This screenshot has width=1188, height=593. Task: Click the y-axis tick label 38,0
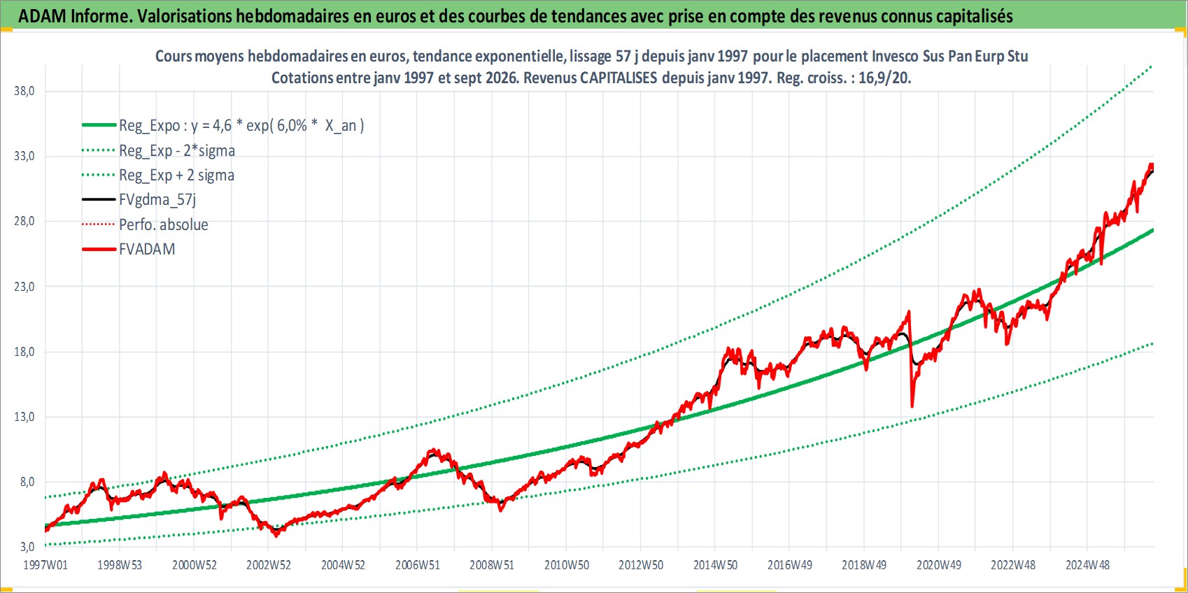(x=24, y=91)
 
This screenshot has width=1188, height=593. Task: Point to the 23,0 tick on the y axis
(x=24, y=287)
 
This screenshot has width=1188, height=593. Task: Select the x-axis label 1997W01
(x=45, y=565)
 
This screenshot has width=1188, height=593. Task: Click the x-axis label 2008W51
(x=492, y=565)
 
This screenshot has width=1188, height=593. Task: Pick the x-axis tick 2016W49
(x=790, y=565)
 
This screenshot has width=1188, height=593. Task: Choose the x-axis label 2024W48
(x=1087, y=565)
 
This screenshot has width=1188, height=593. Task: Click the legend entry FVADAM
(x=147, y=249)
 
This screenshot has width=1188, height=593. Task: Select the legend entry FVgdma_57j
(x=157, y=200)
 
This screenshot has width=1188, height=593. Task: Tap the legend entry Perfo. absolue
(x=163, y=224)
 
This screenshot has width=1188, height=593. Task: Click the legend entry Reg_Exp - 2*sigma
(x=176, y=150)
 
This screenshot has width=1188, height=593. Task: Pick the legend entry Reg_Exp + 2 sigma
(x=176, y=175)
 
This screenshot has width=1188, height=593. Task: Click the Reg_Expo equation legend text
(x=241, y=126)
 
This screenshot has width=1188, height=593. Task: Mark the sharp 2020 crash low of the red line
(x=912, y=406)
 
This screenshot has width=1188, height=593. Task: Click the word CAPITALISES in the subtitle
(x=618, y=78)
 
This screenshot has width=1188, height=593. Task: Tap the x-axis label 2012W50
(x=641, y=565)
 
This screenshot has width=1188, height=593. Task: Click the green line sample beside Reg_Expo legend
(x=99, y=125)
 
